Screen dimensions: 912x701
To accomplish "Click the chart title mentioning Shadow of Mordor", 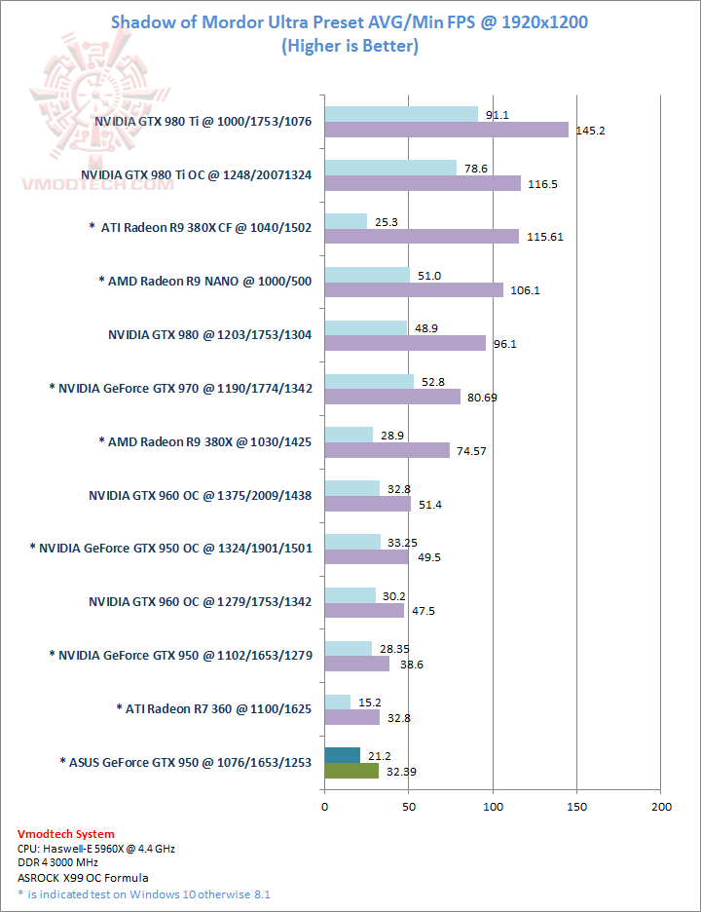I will point(350,21).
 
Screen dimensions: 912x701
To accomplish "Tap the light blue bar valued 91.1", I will point(401,114).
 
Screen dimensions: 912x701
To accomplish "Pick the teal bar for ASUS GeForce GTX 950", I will point(342,755).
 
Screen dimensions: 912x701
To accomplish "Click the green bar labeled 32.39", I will point(351,771).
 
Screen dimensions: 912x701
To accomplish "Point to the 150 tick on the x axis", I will point(577,807).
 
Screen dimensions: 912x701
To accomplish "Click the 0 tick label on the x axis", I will point(324,807).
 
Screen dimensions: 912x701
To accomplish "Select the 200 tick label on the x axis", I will point(661,807).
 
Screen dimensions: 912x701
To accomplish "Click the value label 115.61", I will point(542,237).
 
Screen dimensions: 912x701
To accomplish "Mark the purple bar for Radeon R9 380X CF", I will point(422,237).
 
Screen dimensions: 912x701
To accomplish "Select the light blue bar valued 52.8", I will point(369,381).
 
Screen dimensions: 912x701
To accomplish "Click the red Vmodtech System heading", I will point(66,834).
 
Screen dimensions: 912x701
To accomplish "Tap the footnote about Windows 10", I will point(144,893).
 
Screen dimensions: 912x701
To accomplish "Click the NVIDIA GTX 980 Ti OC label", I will point(197,174).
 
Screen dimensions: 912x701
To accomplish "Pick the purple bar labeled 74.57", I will point(387,450).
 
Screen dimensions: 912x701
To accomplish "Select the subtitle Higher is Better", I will point(350,46).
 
